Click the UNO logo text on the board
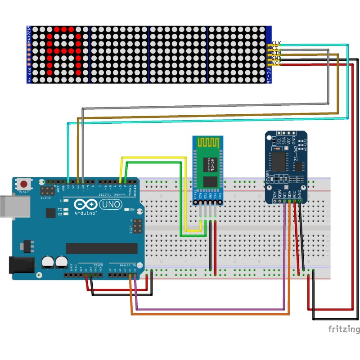tap(109, 205)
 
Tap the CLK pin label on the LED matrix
tap(276, 43)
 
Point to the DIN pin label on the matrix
tap(276, 53)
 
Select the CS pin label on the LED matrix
tap(275, 48)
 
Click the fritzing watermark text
tap(343, 329)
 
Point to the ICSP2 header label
tap(46, 198)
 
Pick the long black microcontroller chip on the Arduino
tap(102, 248)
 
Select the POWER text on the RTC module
tap(268, 176)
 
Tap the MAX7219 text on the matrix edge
tap(29, 33)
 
